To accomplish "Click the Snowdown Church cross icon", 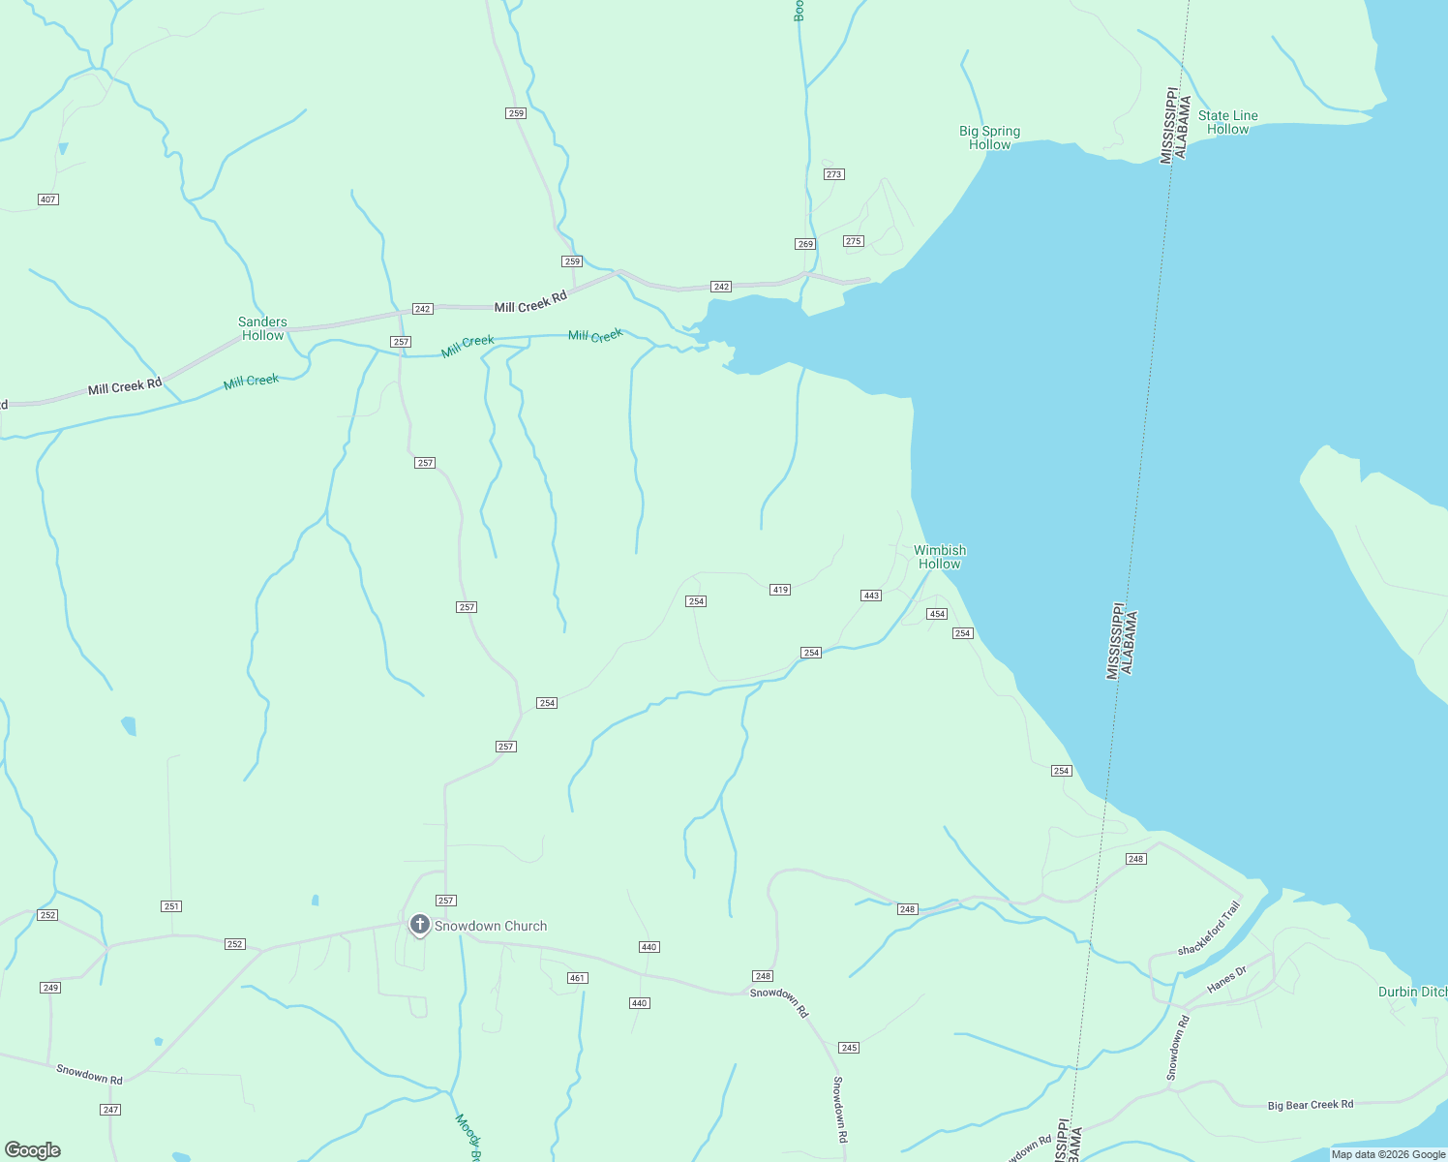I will [419, 925].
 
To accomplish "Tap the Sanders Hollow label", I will [262, 328].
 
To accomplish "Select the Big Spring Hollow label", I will [989, 138].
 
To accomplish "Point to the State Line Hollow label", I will [1227, 122].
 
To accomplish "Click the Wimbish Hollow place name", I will [940, 557].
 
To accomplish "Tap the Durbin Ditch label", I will [1412, 992].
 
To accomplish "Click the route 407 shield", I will [48, 199].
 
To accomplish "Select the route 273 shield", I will [834, 174].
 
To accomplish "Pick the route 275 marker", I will [853, 241].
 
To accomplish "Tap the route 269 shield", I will [805, 244].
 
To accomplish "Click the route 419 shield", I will [780, 590].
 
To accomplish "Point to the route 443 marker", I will [871, 596].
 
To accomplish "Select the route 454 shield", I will [936, 614].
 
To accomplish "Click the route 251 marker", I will [171, 906].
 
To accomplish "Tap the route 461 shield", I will [578, 978].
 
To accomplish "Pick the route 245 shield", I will [849, 1048].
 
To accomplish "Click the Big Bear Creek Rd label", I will [1310, 1105].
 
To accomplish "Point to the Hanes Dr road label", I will [1227, 979].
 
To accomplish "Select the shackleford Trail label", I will [1209, 929].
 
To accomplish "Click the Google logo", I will [33, 1150].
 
